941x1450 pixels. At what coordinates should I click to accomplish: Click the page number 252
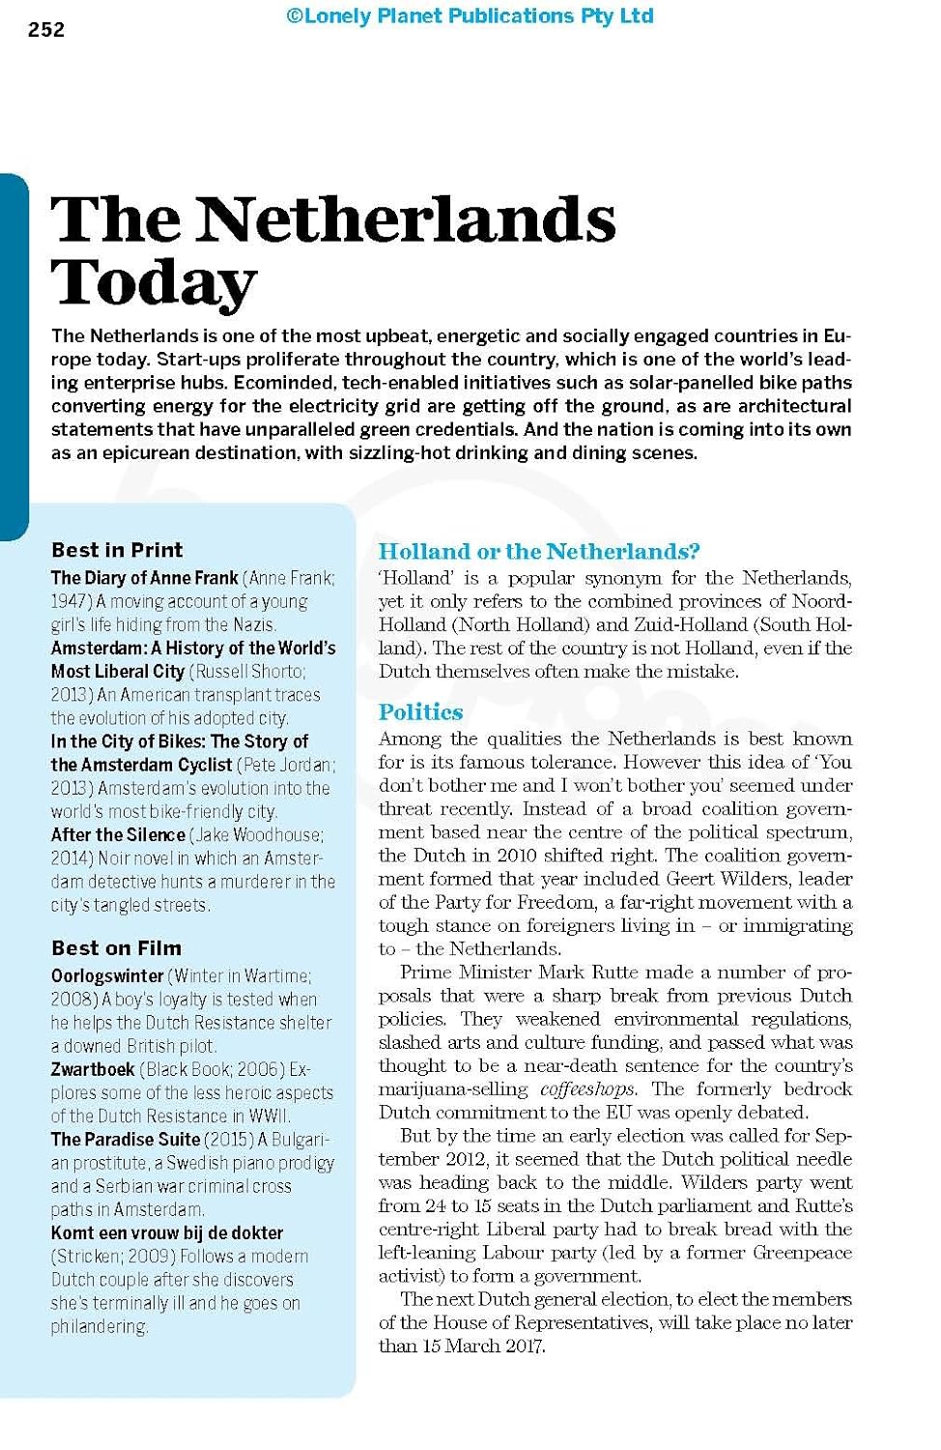click(46, 30)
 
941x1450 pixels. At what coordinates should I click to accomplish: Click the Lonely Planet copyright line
click(470, 16)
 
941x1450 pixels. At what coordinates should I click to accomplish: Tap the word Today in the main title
click(155, 282)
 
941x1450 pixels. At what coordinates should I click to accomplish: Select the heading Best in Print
click(117, 550)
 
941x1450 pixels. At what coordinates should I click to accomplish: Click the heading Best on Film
click(116, 948)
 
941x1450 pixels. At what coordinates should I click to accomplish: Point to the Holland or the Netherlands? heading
click(539, 552)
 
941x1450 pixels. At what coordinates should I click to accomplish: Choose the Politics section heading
click(420, 712)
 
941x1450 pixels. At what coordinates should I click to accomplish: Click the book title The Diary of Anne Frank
click(144, 578)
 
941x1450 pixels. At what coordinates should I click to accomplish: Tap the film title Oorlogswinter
click(107, 976)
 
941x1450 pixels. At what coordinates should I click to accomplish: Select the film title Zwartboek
click(93, 1069)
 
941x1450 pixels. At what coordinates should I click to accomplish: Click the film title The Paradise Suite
click(126, 1140)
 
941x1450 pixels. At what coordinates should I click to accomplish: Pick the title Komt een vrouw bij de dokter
click(167, 1233)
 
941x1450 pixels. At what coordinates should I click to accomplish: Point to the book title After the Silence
click(118, 835)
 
